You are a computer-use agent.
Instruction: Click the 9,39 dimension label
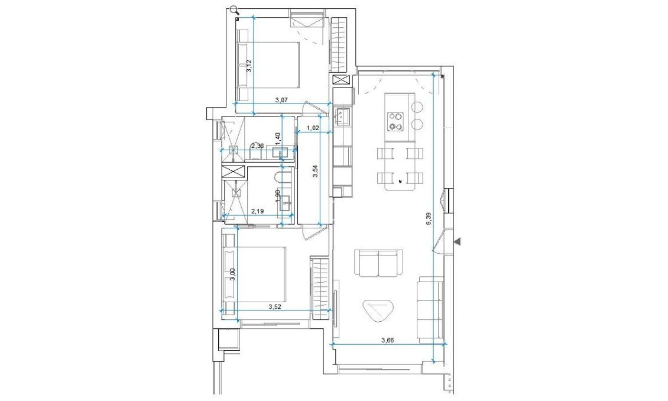[429, 218]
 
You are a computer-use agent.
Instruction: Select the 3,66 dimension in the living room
[387, 339]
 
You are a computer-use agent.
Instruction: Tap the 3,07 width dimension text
[281, 101]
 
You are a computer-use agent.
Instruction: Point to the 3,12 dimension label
[249, 66]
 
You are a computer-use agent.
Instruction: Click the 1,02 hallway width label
[313, 128]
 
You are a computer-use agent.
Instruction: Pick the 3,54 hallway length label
[315, 172]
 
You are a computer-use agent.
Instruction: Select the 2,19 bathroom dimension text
[257, 210]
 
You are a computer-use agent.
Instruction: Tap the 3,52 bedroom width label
[274, 306]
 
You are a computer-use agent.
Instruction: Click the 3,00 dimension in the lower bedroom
[233, 274]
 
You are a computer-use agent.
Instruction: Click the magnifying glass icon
[234, 9]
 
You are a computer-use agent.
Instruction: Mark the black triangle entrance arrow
[456, 241]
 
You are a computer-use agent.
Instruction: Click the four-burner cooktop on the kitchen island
[395, 121]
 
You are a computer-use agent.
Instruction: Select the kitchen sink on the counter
[342, 117]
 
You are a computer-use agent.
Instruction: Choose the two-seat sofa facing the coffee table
[378, 263]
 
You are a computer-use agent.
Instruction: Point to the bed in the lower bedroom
[255, 274]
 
